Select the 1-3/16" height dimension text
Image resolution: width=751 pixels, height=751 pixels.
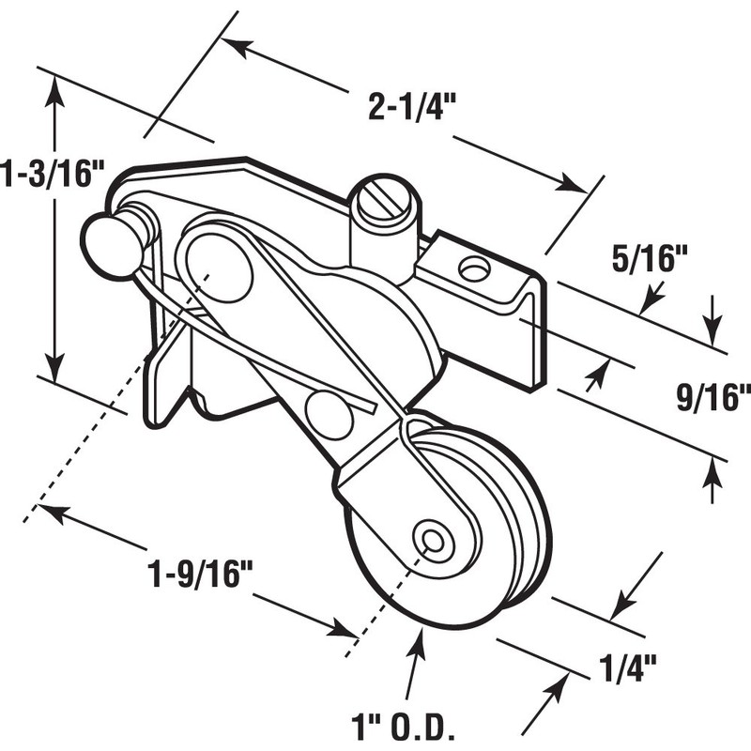[49, 175]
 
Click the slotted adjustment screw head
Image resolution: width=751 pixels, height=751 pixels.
[383, 198]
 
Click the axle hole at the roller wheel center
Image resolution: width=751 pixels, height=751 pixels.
[434, 539]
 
